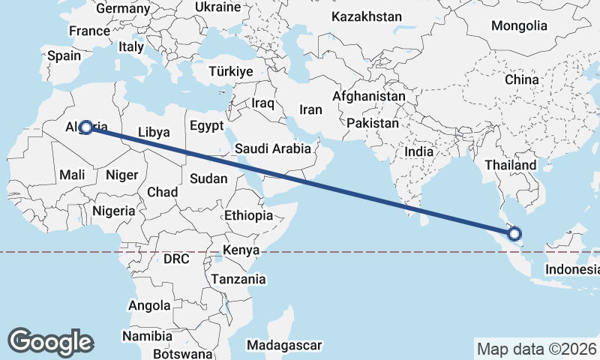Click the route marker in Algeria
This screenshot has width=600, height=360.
(86, 127)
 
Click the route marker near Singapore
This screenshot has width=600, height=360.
(515, 234)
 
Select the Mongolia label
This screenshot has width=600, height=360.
(519, 25)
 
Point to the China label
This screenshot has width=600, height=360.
(521, 79)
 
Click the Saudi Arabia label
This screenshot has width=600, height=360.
(272, 148)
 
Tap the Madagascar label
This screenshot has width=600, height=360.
(284, 345)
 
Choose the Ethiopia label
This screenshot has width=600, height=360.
(248, 215)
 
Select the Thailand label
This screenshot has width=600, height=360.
(511, 165)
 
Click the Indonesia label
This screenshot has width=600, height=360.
(571, 269)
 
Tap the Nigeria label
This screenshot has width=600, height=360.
(114, 211)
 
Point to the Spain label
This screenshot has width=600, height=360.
(64, 55)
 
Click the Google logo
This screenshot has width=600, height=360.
(50, 342)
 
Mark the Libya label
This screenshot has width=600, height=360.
(154, 131)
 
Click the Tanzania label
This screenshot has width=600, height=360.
(238, 279)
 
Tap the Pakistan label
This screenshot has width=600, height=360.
(373, 122)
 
